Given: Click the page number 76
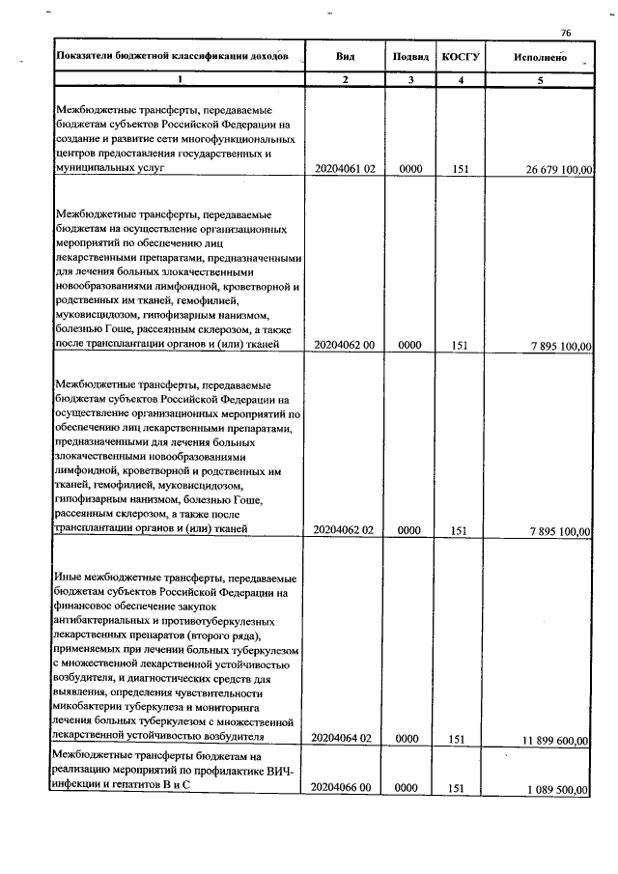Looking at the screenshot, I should pos(566,33).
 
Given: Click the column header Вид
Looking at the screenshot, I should pos(345,58).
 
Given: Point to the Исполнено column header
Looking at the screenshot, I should pos(541,58).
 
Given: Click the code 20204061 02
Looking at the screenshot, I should pos(345,169).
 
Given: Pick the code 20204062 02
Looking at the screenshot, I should pos(345,530).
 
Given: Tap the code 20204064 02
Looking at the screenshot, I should pos(345,739).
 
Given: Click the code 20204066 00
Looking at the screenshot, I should pos(345,789).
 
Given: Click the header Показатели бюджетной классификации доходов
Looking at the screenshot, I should pos(172,58).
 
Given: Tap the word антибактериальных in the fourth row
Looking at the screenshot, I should pos(105,620).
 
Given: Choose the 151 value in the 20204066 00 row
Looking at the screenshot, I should pos(460,789).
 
